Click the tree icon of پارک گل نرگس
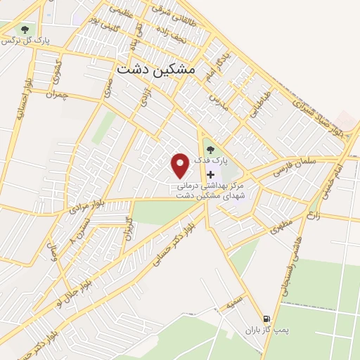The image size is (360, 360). coord(25,30)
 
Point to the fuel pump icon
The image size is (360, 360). coord(266,318)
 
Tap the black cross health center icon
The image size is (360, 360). coord(210,174)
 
